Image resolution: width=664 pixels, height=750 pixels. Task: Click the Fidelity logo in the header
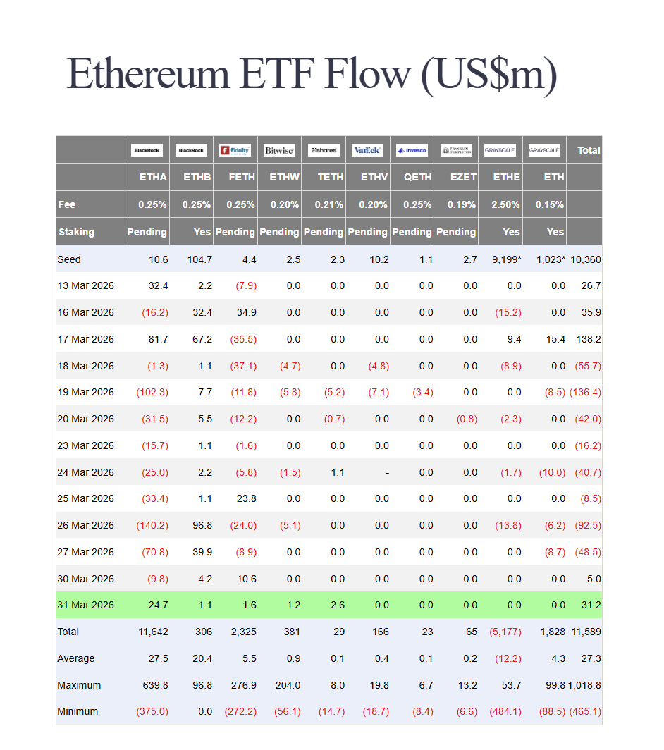pos(235,150)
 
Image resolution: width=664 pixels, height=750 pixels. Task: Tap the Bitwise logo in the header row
pos(279,150)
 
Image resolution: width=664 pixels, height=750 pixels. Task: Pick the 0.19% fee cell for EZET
pos(462,204)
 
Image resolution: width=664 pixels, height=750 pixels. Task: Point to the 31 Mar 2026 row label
pos(85,605)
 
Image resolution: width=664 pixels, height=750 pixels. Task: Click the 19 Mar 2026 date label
pos(85,392)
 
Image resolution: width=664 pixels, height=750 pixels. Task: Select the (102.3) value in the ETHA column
pos(152,392)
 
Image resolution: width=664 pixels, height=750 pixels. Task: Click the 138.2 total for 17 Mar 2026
pos(588,339)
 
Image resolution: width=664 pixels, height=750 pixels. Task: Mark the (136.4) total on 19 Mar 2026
pos(585,392)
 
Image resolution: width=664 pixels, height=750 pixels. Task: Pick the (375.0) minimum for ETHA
pos(152,711)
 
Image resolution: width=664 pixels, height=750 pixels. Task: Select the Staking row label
pos(76,232)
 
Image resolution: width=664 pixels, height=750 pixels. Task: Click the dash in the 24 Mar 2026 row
pos(387,472)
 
